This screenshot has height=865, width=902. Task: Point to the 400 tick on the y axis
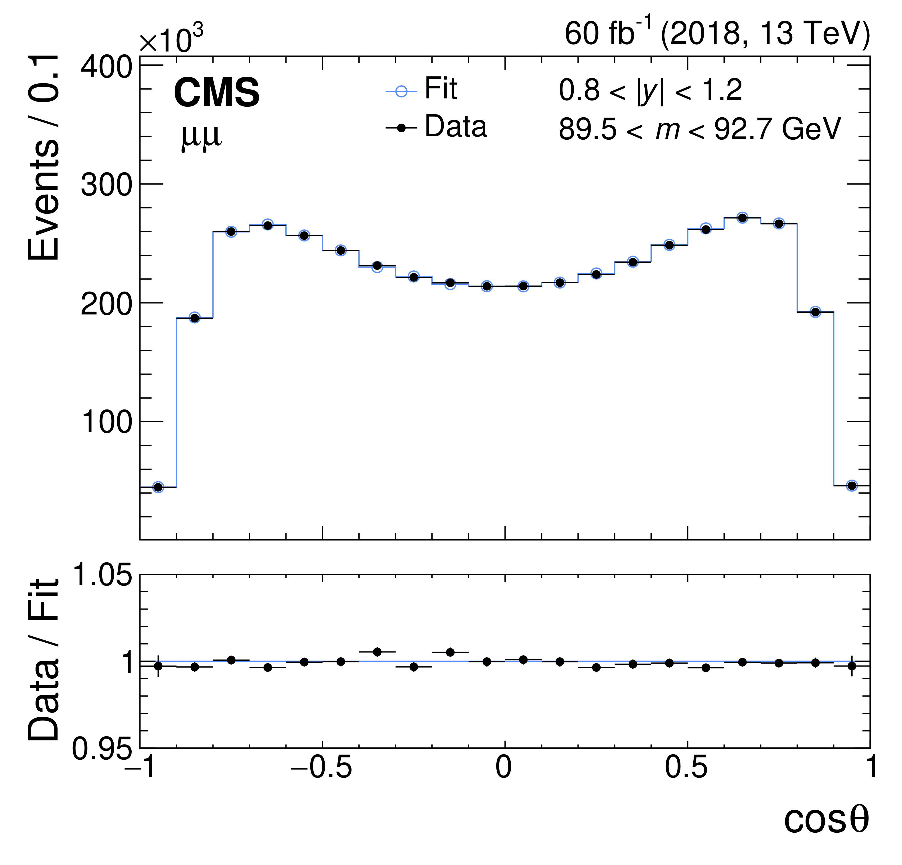[x=106, y=68]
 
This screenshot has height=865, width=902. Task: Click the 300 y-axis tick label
[x=106, y=185]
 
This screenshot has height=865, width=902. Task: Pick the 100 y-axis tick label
[x=106, y=422]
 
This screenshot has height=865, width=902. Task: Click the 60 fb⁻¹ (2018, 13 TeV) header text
[x=717, y=33]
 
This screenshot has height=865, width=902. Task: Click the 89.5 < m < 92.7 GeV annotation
[x=700, y=129]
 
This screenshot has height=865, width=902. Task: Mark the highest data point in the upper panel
[x=742, y=218]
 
